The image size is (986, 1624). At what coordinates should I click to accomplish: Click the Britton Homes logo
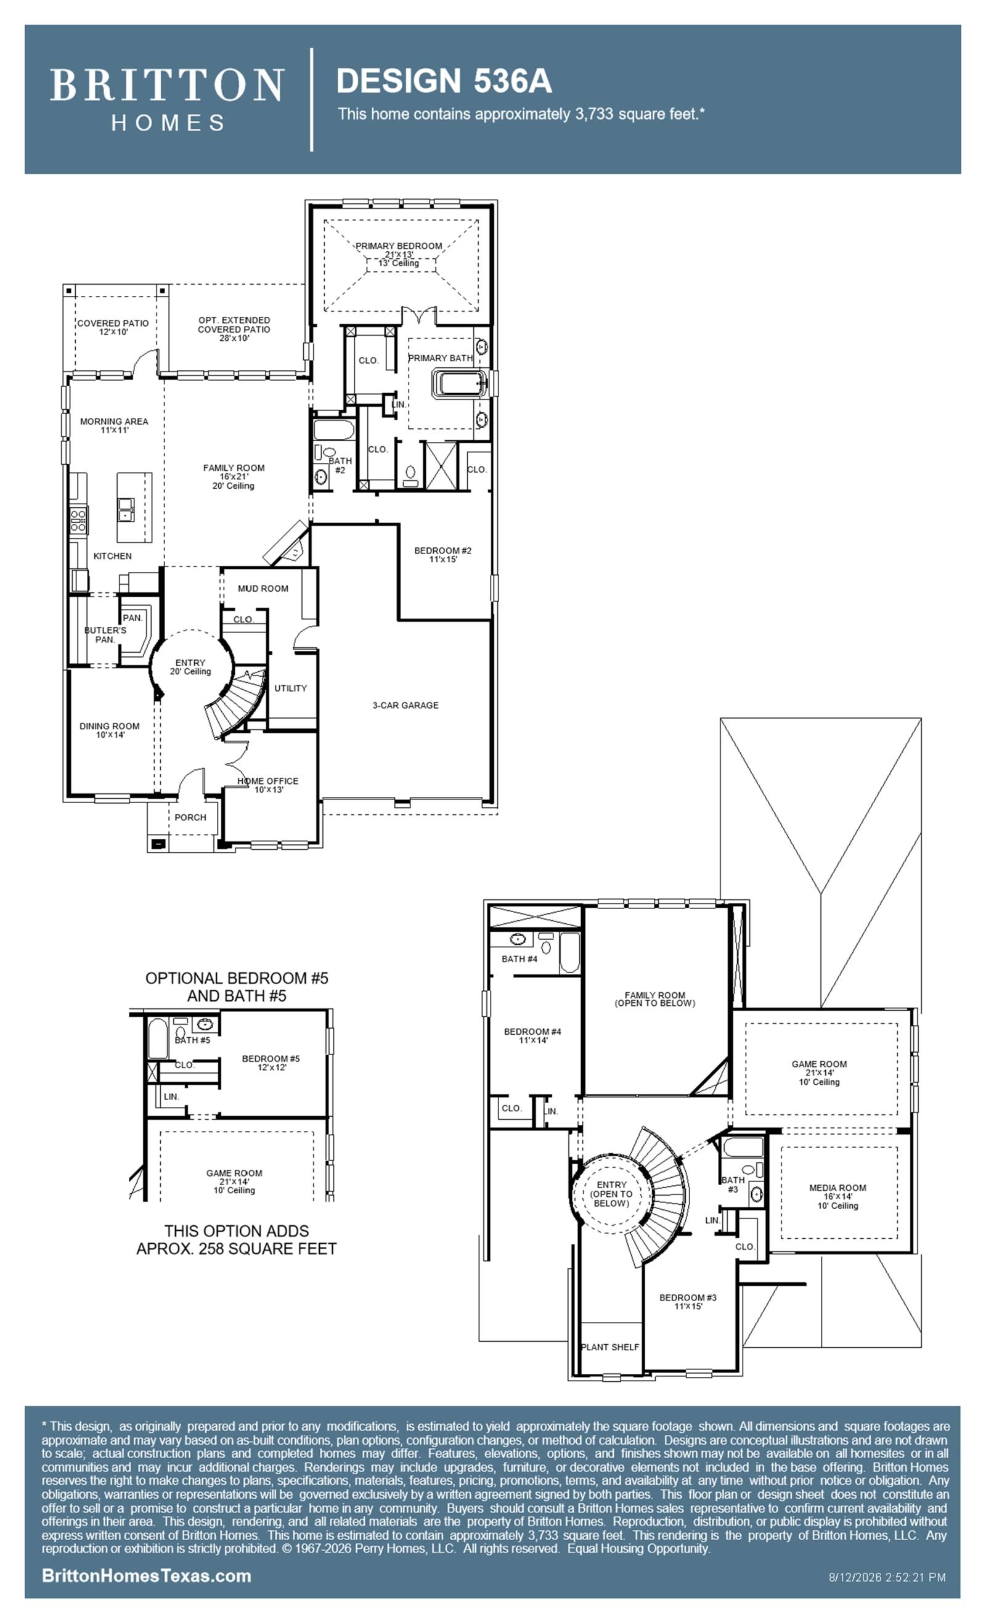pos(167,99)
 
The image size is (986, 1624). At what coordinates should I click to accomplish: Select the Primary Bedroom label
pos(399,255)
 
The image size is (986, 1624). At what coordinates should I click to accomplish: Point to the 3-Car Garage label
pos(405,705)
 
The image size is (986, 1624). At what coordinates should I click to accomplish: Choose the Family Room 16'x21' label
pos(234,476)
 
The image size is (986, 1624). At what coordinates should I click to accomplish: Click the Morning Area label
pos(114,426)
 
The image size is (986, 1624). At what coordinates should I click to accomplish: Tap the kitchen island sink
pos(126,510)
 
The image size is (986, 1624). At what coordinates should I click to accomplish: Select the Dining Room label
pos(110,730)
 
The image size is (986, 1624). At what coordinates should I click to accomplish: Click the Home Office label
pos(268,785)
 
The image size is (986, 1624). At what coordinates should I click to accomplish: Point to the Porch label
pos(190,817)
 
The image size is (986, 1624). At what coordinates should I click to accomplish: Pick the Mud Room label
pos(263,589)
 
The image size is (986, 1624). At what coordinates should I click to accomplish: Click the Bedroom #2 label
pos(443,555)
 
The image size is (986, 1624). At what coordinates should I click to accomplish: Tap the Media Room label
pos(837,1196)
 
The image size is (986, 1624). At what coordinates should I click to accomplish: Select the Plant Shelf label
pos(610,1347)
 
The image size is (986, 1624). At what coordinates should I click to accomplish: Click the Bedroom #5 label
pos(271,1063)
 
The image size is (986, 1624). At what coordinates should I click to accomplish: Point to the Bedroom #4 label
pos(532,1036)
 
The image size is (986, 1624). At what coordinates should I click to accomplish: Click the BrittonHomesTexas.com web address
pos(146,1575)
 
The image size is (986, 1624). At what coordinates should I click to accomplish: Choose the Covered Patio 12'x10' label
pos(113,327)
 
